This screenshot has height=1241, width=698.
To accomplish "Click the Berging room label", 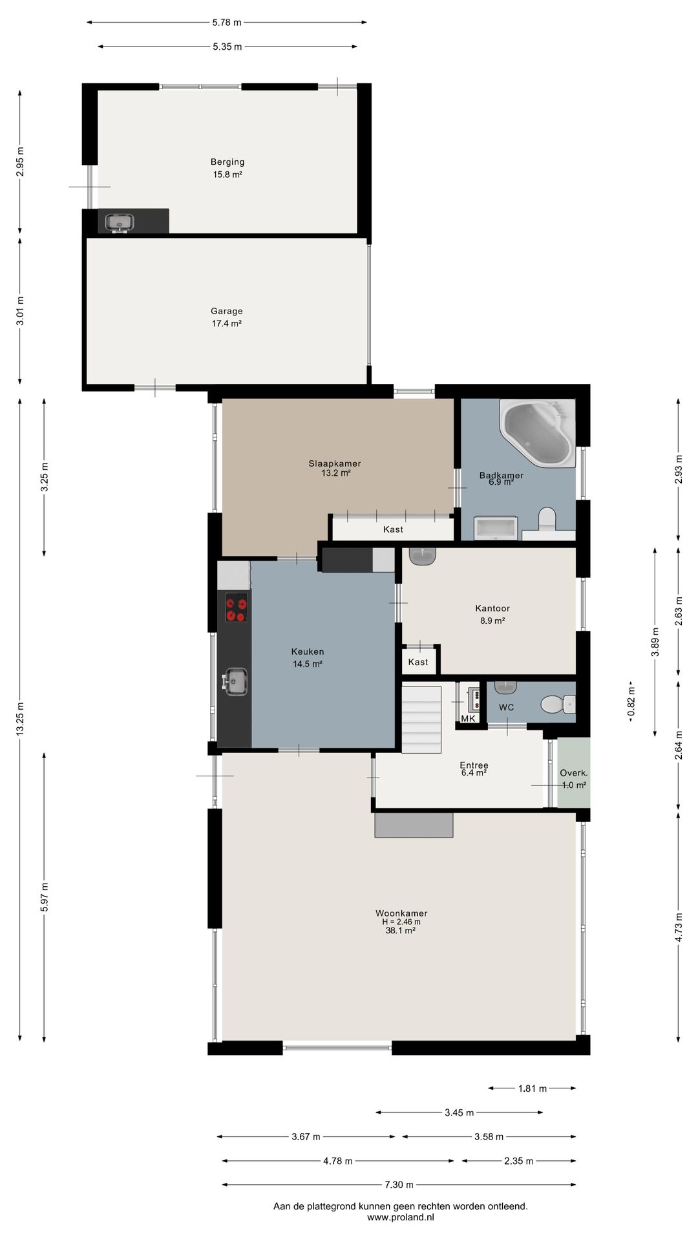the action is (227, 162).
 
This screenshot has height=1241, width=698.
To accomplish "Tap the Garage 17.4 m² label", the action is (227, 317).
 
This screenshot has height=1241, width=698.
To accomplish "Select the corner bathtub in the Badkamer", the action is (538, 432).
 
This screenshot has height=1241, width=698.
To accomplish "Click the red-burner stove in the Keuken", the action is (236, 608).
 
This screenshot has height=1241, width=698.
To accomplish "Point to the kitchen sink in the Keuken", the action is (235, 681).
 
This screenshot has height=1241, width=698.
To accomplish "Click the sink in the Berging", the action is (120, 222).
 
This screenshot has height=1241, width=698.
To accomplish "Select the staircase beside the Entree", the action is (421, 719).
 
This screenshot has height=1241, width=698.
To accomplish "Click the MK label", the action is (468, 719).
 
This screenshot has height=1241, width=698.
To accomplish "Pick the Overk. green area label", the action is (574, 773).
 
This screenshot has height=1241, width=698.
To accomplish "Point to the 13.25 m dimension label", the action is (20, 718).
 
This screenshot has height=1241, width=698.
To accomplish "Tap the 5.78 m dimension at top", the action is (227, 23).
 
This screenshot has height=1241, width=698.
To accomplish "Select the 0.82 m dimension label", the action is (631, 701).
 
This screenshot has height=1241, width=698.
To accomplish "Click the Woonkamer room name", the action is (401, 913).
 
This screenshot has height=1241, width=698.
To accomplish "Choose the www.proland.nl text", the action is (401, 1217).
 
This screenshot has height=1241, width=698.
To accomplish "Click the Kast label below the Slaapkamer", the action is (393, 529).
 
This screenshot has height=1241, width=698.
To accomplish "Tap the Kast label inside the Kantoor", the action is (418, 662).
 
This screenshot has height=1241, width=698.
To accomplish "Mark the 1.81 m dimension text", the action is (533, 1088).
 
